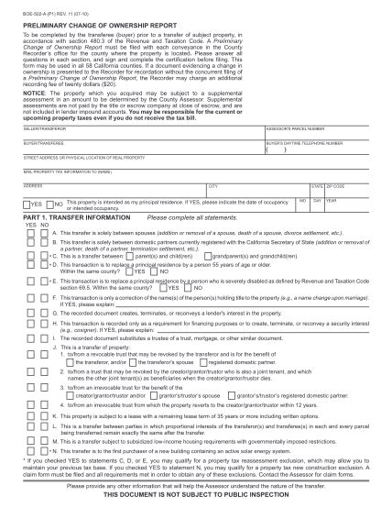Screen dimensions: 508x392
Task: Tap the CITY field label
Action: (x=214, y=185)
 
